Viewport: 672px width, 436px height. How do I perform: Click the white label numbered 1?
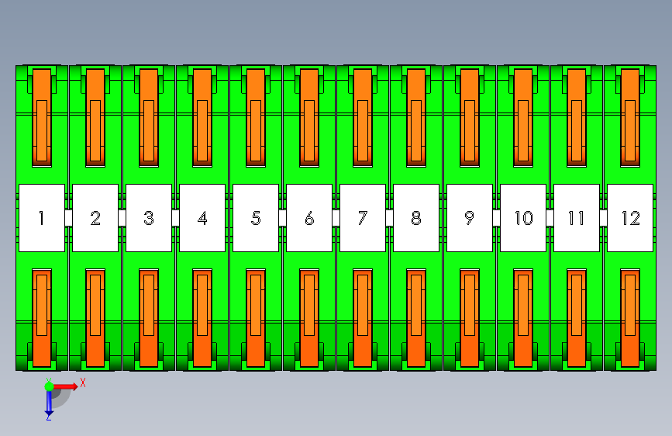(x=42, y=218)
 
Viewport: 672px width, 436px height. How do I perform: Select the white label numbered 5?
(x=256, y=218)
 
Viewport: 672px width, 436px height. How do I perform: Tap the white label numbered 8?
(x=416, y=218)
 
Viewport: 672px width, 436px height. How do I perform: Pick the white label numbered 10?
(x=523, y=218)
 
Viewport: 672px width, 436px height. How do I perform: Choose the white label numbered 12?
(x=630, y=218)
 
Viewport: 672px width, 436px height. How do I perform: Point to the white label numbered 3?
(x=149, y=218)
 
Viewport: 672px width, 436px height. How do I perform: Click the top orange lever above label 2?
(x=95, y=118)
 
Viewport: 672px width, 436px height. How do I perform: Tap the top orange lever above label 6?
(x=309, y=118)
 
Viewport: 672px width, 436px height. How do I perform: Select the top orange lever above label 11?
(x=577, y=118)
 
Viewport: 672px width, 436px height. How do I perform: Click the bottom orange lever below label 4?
(x=202, y=318)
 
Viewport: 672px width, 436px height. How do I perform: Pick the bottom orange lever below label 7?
(x=363, y=318)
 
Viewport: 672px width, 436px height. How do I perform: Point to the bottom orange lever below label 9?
(x=470, y=318)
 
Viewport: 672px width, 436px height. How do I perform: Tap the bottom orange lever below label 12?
(x=630, y=318)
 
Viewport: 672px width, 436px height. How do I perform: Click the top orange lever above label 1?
(x=42, y=118)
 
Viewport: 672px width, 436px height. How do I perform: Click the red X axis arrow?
(x=65, y=386)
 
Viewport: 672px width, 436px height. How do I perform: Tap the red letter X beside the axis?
(x=83, y=382)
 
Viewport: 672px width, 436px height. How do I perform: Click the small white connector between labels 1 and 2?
(x=68, y=218)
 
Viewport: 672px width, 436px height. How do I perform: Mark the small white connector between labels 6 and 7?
(x=336, y=218)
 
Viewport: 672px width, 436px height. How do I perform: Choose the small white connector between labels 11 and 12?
(x=604, y=218)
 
